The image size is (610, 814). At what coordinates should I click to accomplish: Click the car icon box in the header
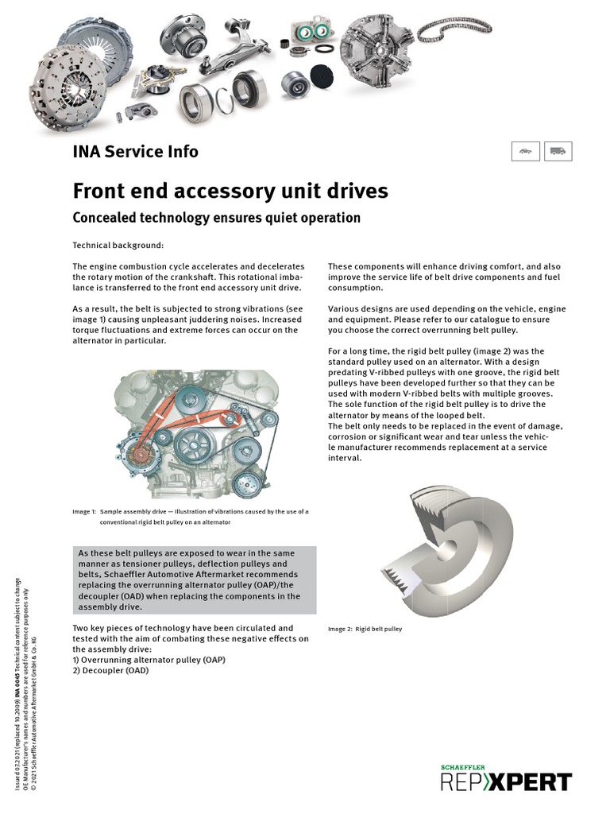(525, 151)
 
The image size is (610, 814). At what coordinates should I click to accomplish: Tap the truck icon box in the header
(558, 151)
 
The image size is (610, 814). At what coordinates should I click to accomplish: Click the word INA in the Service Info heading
(87, 151)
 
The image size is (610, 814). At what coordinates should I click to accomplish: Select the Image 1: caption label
(84, 511)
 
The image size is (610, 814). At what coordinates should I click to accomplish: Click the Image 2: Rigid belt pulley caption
(365, 629)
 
